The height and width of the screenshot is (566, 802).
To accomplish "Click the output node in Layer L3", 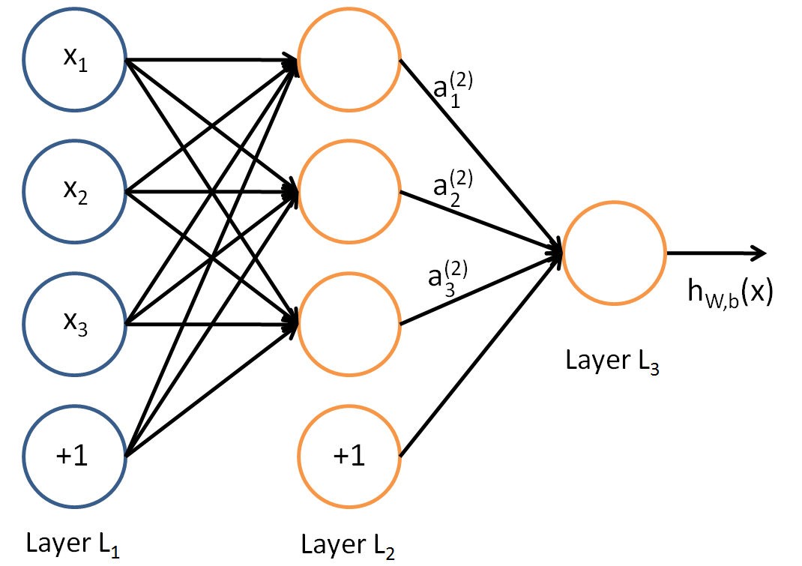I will tap(614, 253).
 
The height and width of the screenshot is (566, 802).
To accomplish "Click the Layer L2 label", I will tap(347, 544).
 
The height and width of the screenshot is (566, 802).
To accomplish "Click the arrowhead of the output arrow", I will tap(759, 253).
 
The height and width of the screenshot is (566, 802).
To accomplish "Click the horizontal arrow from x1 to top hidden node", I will tap(210, 60).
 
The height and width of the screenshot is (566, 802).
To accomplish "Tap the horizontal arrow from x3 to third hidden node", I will tap(210, 324).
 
